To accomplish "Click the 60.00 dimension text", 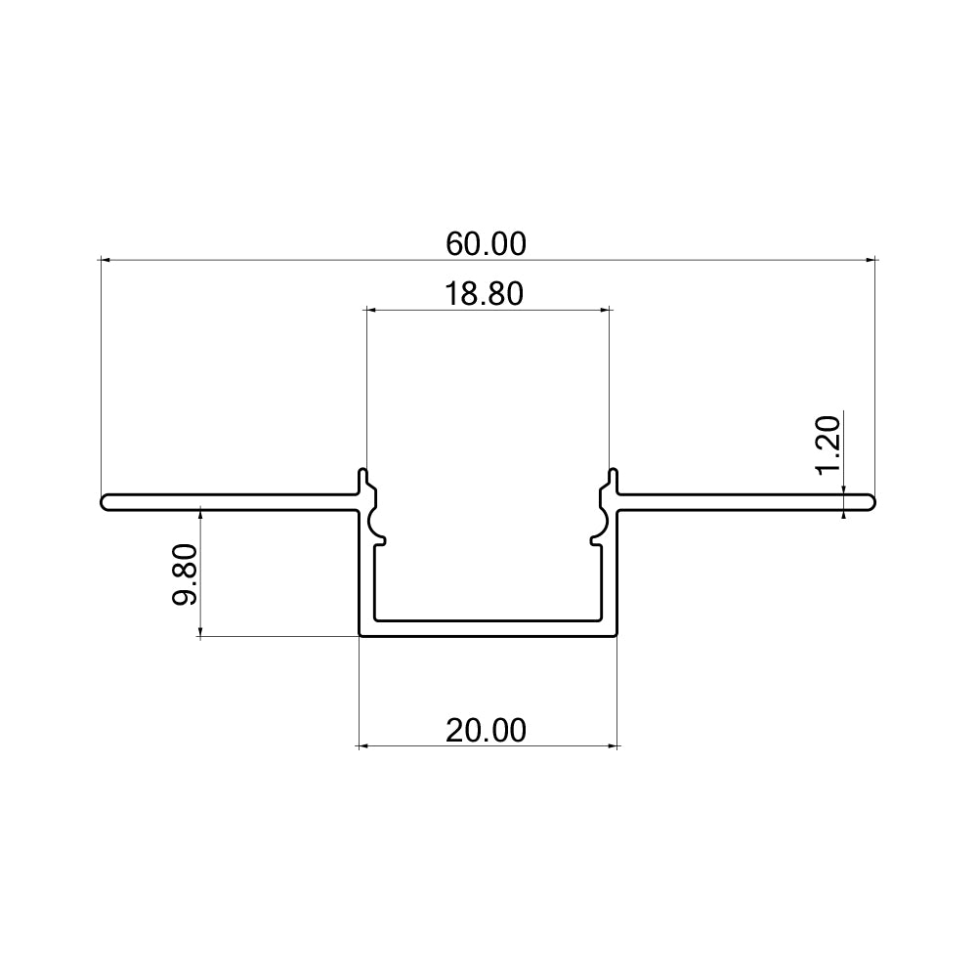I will coord(487,243).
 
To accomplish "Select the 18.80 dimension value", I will coord(487,293).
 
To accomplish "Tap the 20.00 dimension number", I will coord(487,730).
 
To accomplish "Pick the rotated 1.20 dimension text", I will coord(828,445).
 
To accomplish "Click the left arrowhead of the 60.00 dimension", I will coord(106,260).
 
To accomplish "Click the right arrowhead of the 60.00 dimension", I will coord(871,260).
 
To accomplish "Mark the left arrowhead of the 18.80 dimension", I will coord(370,310).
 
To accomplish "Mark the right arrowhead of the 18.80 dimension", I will coord(606,310).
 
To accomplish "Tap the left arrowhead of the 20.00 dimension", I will coord(363,746).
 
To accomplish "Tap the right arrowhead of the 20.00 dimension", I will coord(615,746).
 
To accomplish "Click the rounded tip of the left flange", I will coord(104,502).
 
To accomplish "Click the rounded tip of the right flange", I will coord(872,502).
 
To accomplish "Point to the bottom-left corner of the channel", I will coord(361,634).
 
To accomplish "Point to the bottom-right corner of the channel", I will coord(617,634).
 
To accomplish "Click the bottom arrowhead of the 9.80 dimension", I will coord(200,632).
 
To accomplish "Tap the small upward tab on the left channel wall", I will coord(364,478).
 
